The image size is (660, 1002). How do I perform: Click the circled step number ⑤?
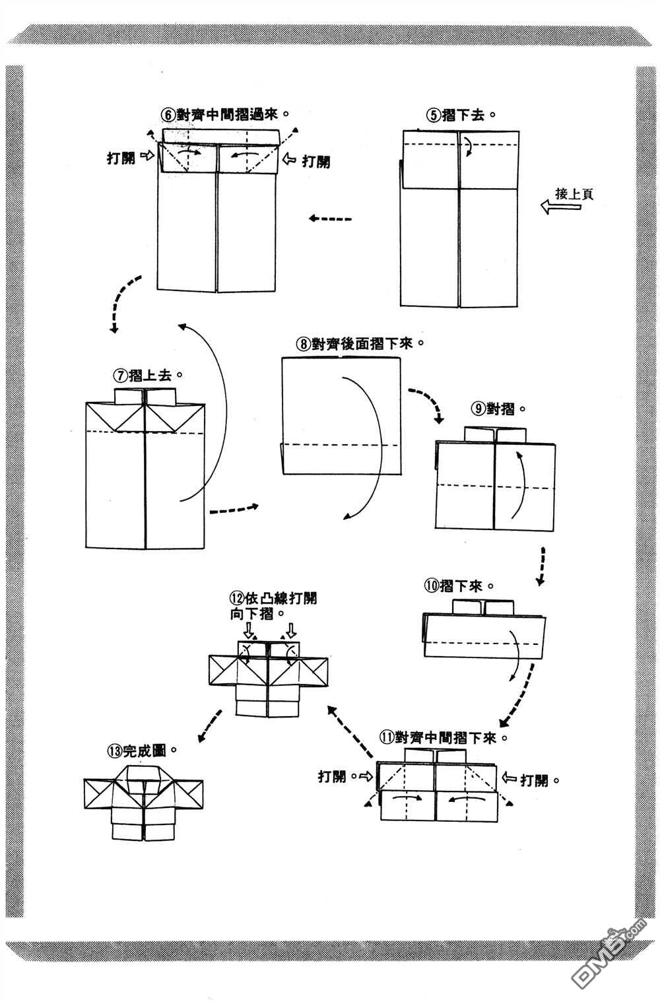433,116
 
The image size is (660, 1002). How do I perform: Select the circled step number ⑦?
120,375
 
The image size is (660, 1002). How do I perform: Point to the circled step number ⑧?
303,344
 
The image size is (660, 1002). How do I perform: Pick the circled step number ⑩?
431,585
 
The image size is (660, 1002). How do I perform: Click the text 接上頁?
574,194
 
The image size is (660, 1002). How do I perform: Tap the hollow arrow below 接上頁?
560,208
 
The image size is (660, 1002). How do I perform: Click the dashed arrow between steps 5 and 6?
331,219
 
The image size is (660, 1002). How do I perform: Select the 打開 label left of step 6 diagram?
121,158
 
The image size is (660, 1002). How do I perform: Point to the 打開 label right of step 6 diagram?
316,160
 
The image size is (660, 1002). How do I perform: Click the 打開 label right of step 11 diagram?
535,780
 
